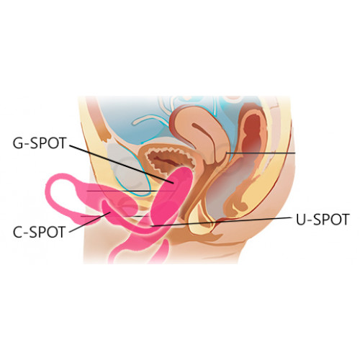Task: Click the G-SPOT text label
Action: tap(39, 143)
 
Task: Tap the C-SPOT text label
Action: tap(39, 232)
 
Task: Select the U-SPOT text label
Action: tap(323, 220)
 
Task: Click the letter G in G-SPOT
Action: tap(18, 143)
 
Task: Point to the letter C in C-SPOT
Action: tap(18, 232)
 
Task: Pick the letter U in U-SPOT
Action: tap(301, 220)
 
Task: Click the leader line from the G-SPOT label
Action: tap(121, 164)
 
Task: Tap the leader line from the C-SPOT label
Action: tap(90, 222)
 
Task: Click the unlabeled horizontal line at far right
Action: tap(261, 153)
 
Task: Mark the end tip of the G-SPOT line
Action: tap(174, 184)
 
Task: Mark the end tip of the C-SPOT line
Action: tap(110, 212)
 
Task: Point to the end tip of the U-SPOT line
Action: tap(150, 226)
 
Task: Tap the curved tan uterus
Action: tap(200, 135)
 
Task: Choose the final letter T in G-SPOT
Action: tap(61, 143)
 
